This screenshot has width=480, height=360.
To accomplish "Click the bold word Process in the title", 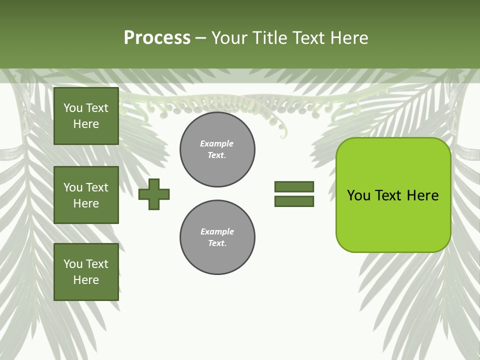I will click(x=157, y=38).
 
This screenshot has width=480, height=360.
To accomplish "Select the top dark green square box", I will click(x=86, y=116).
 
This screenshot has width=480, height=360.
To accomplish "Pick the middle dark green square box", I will click(x=86, y=195).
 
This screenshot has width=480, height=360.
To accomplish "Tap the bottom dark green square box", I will click(x=86, y=272).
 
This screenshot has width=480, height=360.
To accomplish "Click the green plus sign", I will click(x=154, y=194).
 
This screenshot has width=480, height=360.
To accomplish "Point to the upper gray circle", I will click(x=217, y=149).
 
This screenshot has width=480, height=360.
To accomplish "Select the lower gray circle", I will click(x=217, y=237).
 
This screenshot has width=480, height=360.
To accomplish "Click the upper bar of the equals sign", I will click(x=294, y=186).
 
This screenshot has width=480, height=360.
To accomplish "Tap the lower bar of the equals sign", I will click(x=294, y=201).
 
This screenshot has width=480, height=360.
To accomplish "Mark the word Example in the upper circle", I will click(x=216, y=143).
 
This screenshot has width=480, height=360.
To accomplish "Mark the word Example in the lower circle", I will click(x=217, y=231).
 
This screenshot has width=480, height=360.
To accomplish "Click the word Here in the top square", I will click(x=86, y=124).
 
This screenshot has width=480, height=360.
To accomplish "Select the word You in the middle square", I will click(x=72, y=187).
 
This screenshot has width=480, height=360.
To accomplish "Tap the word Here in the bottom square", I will click(x=86, y=280).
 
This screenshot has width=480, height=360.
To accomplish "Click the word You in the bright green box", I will click(x=358, y=195).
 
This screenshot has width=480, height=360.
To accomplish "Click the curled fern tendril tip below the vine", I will click(x=283, y=134).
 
